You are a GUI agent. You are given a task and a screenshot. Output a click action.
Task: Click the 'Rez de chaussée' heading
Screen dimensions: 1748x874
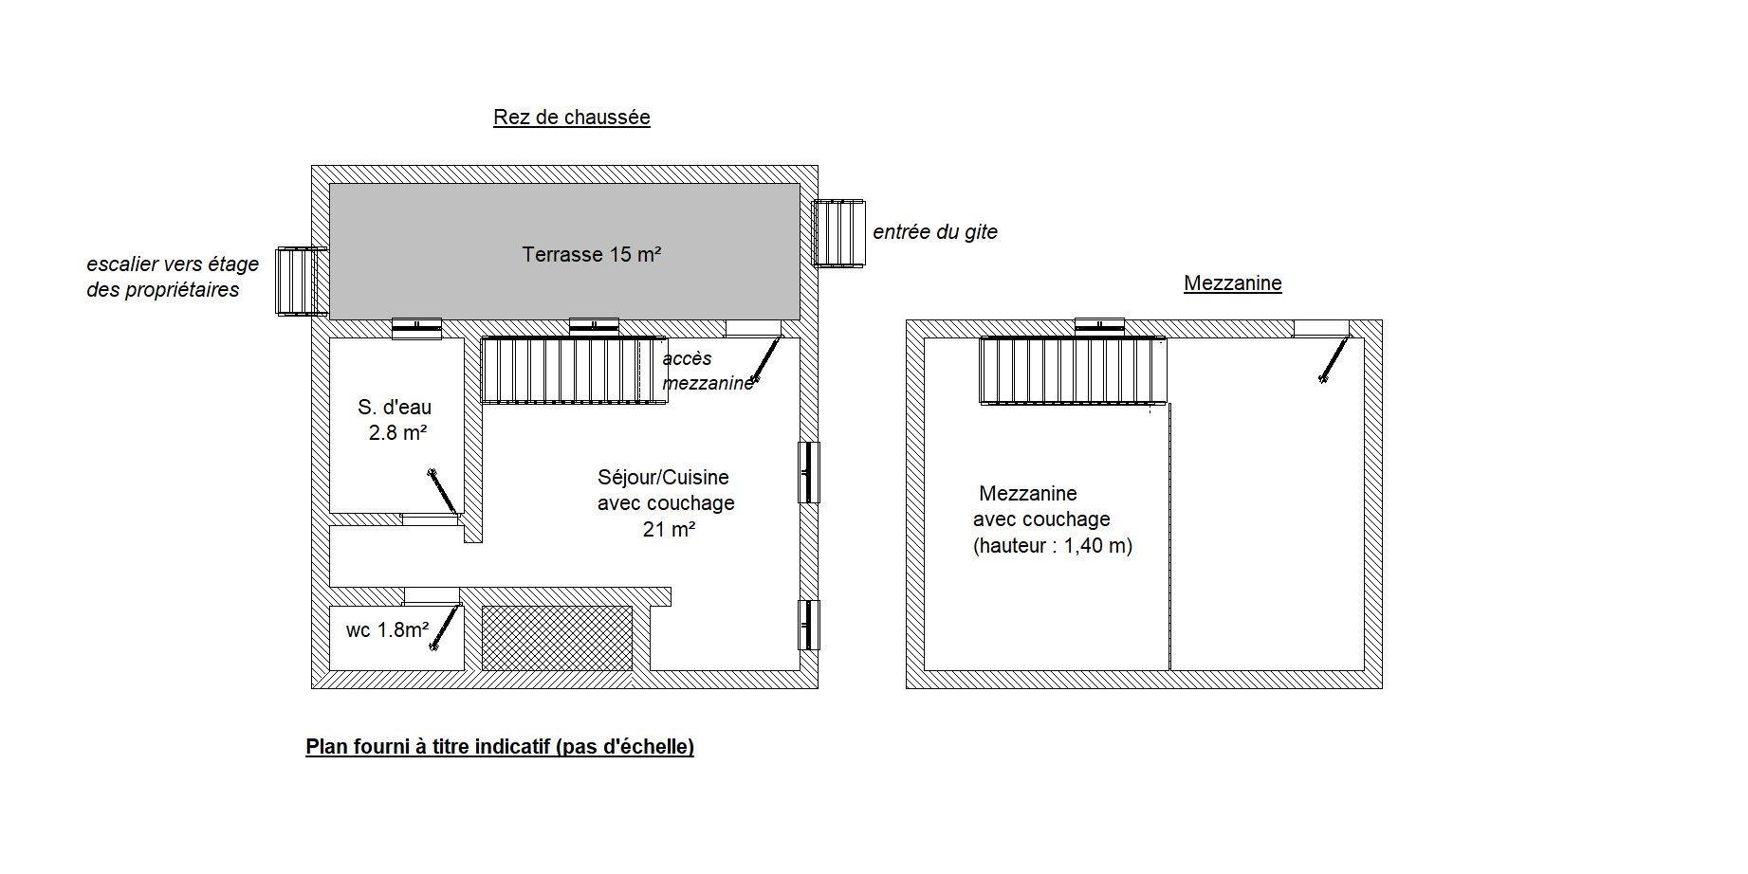[x=571, y=118]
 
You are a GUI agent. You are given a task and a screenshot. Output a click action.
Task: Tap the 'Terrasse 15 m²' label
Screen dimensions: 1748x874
[x=591, y=254]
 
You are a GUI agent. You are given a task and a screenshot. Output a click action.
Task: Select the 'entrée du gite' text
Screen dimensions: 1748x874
[x=935, y=232]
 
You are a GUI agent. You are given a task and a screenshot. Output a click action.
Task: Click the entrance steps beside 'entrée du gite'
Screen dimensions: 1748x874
[x=839, y=233]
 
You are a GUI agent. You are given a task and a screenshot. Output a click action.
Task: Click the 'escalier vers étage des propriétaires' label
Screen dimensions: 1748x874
[x=173, y=277]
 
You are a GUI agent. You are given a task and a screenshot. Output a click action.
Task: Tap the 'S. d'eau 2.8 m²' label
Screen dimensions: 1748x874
[x=396, y=420]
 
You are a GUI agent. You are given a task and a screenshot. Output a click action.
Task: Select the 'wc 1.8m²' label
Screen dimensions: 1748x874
[x=387, y=629]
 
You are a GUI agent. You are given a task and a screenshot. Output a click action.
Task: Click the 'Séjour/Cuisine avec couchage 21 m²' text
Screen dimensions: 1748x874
[x=666, y=503]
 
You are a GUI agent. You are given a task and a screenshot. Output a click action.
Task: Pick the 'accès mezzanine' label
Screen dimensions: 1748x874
[x=708, y=371]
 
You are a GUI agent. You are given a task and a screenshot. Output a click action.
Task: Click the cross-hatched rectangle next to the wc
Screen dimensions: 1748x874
[x=558, y=638]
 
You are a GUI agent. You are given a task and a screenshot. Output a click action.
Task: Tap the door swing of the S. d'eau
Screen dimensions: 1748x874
[x=444, y=493]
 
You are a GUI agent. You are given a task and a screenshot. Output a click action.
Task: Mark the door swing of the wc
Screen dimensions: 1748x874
[x=445, y=627]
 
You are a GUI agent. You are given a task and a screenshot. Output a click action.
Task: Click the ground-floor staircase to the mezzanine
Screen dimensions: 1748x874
[x=575, y=370]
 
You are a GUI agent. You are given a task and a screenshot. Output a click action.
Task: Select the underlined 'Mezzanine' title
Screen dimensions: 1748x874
[x=1232, y=283]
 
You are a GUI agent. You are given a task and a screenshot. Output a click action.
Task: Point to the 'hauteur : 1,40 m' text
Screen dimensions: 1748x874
[x=1053, y=546]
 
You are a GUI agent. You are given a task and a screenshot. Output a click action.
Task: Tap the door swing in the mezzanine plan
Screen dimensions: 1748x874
[x=1334, y=359]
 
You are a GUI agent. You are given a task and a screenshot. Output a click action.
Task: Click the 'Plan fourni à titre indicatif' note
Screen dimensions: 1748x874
[x=500, y=747]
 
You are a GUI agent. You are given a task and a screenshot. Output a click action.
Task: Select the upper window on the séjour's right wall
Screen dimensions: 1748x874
[x=808, y=472]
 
